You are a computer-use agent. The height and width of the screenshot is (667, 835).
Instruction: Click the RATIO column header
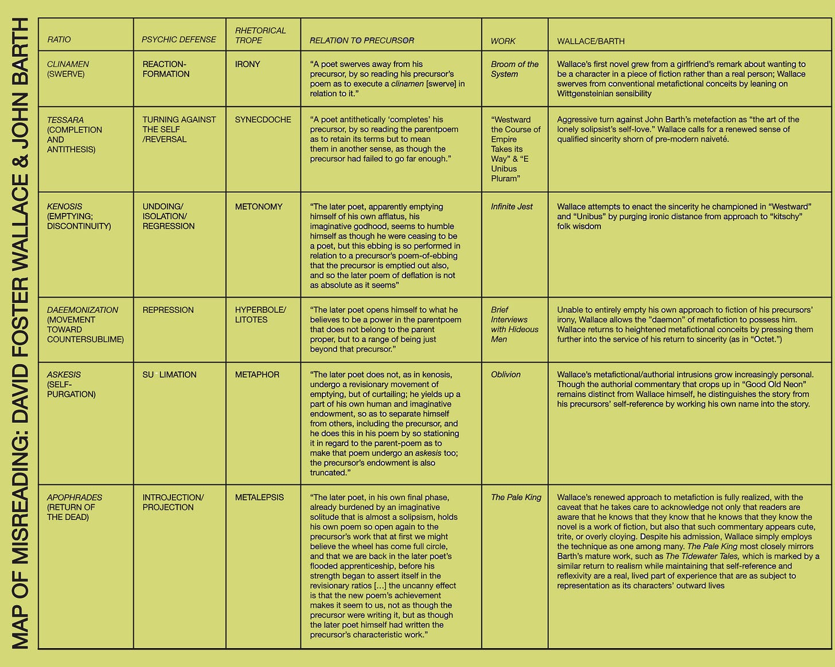[59, 40]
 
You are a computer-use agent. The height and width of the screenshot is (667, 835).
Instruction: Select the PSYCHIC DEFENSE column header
[179, 40]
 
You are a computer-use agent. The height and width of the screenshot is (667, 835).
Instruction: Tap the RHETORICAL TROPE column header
[260, 35]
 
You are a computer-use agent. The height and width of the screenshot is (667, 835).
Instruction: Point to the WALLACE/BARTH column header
[591, 41]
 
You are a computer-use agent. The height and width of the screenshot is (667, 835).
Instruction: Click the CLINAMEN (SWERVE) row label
[68, 69]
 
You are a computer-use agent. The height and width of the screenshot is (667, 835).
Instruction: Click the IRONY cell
[247, 64]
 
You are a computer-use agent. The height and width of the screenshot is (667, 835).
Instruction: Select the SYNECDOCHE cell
[263, 119]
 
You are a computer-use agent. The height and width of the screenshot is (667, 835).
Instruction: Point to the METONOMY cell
[259, 207]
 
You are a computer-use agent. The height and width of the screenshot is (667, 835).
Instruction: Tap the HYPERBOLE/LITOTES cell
[260, 315]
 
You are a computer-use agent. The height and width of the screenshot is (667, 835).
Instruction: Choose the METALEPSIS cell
[259, 497]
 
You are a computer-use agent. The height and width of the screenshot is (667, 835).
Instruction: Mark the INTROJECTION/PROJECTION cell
[173, 502]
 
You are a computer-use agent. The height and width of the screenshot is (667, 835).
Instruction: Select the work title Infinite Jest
[512, 207]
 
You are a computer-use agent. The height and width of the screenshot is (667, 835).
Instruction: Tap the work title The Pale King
[516, 497]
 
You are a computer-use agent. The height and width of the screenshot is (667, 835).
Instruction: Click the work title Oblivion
[505, 374]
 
